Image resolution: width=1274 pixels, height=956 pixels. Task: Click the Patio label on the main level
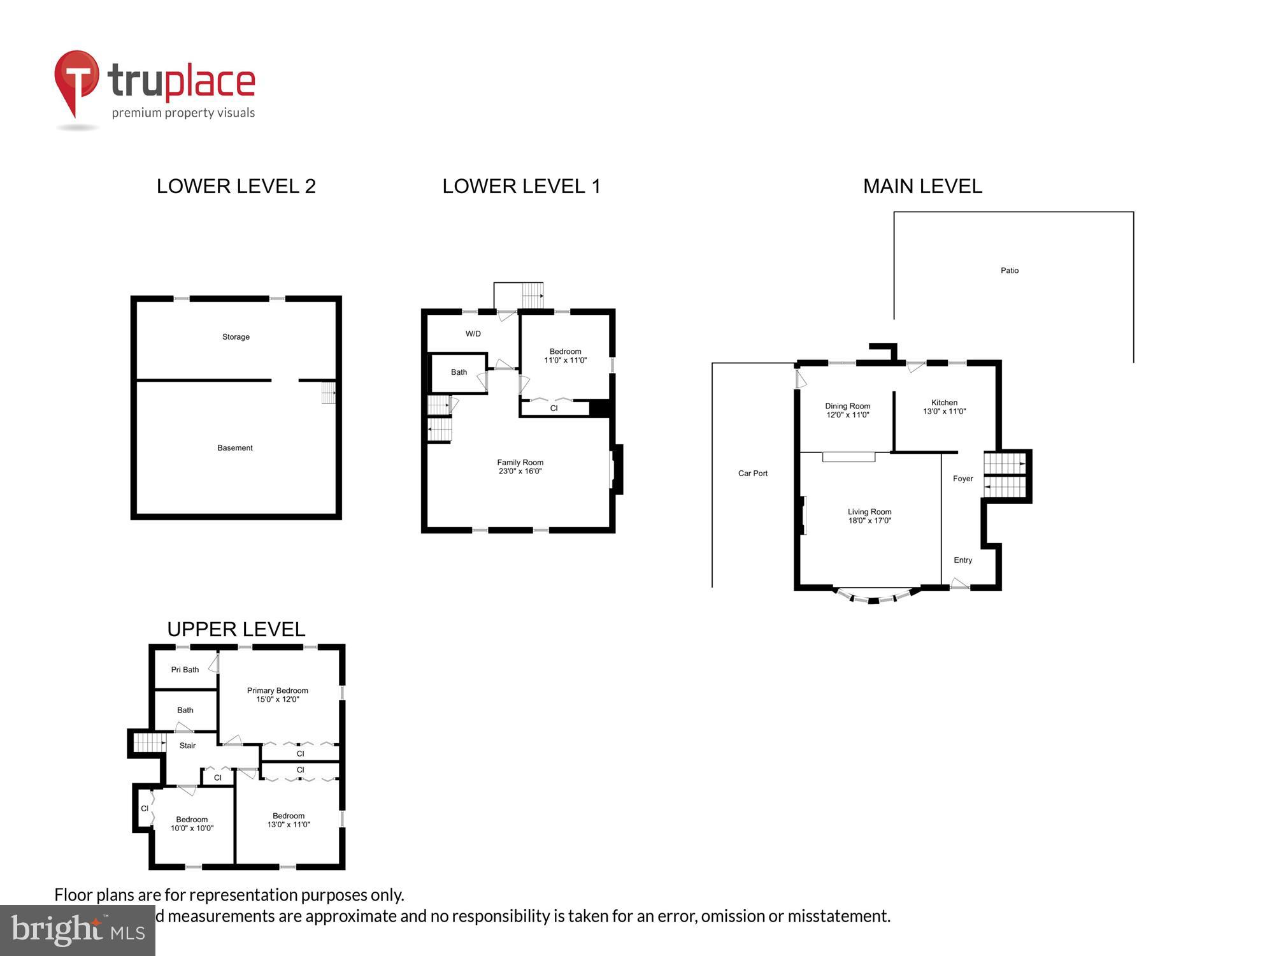[1009, 270]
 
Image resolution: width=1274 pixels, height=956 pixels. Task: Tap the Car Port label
[752, 473]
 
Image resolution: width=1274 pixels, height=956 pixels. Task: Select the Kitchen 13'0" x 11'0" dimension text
[944, 412]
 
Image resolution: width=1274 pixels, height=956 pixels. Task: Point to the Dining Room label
[847, 406]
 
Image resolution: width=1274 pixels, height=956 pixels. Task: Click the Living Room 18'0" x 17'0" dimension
[870, 521]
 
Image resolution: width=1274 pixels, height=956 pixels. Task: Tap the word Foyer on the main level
[963, 479]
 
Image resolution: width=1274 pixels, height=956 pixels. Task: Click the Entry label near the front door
[963, 560]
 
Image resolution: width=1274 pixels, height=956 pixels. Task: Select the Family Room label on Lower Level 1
[520, 463]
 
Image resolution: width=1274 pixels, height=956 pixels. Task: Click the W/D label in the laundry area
[473, 334]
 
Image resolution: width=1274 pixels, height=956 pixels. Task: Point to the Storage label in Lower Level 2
[236, 337]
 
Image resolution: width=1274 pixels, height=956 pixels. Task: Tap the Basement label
[235, 448]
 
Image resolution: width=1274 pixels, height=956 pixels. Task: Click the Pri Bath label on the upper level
[185, 670]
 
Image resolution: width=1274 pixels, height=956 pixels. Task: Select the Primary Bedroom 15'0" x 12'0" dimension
[277, 699]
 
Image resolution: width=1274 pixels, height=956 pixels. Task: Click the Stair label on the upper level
[187, 746]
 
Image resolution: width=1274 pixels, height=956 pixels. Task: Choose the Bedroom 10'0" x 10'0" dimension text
[192, 829]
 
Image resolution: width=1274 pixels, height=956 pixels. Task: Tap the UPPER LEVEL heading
[236, 629]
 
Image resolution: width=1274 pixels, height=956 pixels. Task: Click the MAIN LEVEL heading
[922, 186]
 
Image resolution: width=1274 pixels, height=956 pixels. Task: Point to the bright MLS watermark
[77, 931]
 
